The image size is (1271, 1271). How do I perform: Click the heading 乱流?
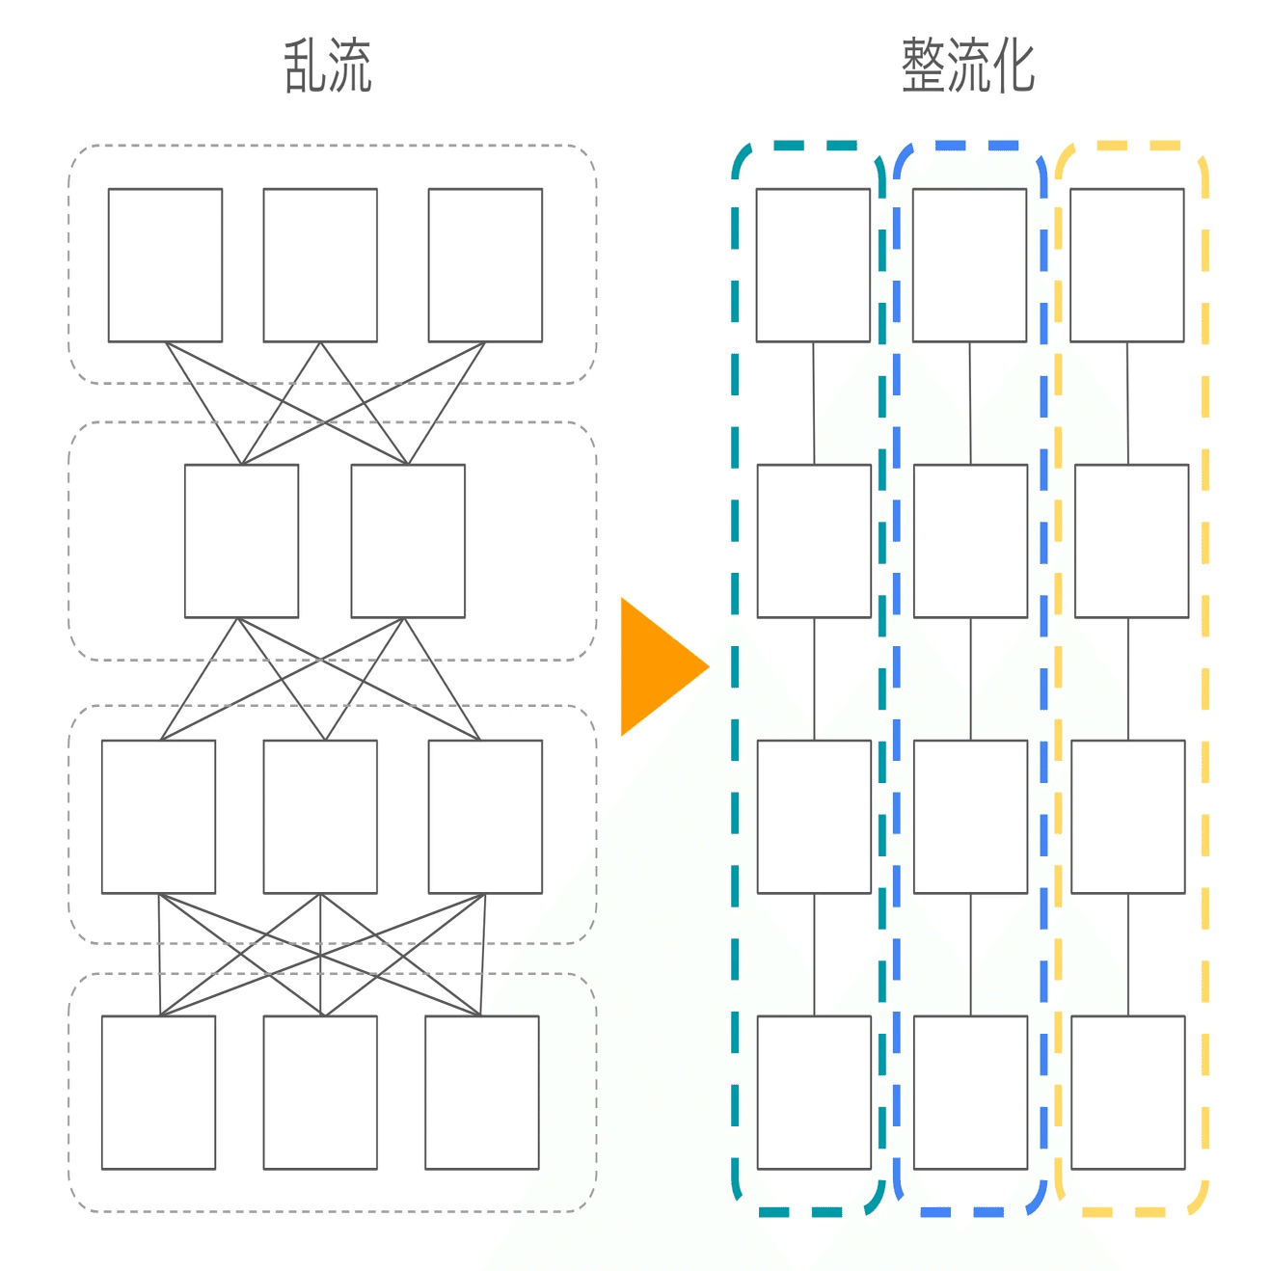[x=328, y=66]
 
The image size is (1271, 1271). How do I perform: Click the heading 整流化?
[x=967, y=66]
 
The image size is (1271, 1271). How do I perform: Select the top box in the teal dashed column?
[x=813, y=265]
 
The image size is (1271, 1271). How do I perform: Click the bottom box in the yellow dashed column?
[x=1128, y=1093]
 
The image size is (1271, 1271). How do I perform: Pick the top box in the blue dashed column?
[x=969, y=265]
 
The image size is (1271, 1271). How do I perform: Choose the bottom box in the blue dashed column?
[x=970, y=1093]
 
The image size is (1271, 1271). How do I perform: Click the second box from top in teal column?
[x=814, y=541]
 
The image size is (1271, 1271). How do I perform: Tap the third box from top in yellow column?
[x=1128, y=817]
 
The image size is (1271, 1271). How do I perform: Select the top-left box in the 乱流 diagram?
[x=165, y=265]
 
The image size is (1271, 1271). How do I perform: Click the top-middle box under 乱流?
[x=320, y=265]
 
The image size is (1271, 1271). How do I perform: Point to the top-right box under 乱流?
[x=485, y=265]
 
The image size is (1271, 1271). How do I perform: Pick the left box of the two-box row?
[x=241, y=541]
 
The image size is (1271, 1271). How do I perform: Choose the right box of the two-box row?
[x=408, y=541]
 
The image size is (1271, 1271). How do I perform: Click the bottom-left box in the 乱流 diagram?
[x=158, y=1093]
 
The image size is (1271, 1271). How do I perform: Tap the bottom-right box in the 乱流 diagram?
[x=481, y=1093]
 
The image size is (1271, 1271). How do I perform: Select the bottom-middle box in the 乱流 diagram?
[x=320, y=1093]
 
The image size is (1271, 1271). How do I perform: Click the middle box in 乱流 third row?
[x=320, y=817]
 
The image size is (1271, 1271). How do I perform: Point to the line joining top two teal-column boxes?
[x=813, y=403]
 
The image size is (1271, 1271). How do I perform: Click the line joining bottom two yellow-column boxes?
[x=1128, y=955]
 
